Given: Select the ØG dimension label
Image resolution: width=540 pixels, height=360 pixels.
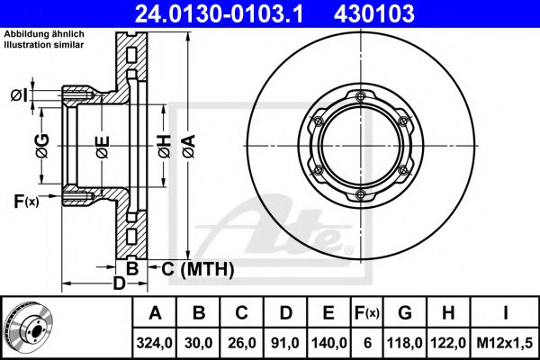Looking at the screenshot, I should pyautogui.click(x=41, y=143).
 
